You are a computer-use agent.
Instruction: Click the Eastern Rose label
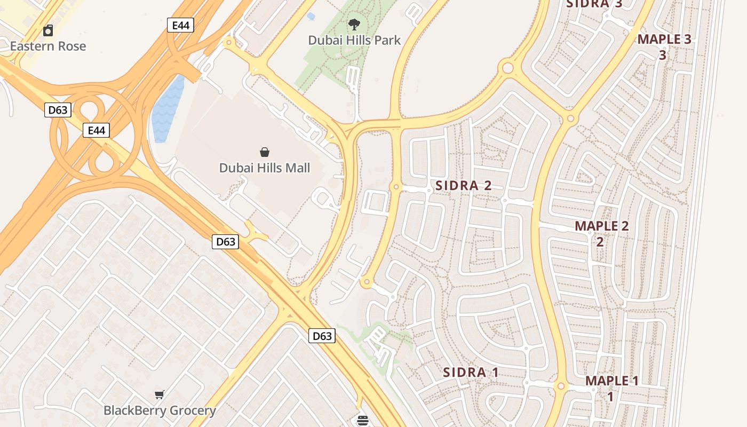click(48, 46)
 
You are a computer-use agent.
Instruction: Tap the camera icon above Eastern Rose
click(48, 30)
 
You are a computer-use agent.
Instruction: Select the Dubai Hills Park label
click(354, 40)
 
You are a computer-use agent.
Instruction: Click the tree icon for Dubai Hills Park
click(354, 25)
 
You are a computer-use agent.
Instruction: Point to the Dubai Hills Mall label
click(265, 168)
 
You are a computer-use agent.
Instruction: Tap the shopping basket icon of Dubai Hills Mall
click(265, 153)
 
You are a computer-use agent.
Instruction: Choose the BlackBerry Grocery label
click(160, 410)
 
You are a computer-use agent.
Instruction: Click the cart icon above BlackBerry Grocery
click(160, 395)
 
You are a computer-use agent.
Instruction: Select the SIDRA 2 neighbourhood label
click(463, 186)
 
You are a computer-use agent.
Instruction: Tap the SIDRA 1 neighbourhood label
click(471, 373)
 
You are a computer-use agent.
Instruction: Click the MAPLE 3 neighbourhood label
click(664, 39)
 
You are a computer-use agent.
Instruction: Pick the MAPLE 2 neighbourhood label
click(601, 226)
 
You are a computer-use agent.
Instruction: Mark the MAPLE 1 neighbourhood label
click(611, 381)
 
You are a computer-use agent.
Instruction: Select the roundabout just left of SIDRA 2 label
click(396, 187)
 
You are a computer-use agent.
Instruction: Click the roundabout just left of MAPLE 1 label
click(561, 386)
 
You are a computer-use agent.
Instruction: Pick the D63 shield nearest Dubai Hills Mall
click(226, 242)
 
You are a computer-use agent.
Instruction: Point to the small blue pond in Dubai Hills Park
click(311, 17)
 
